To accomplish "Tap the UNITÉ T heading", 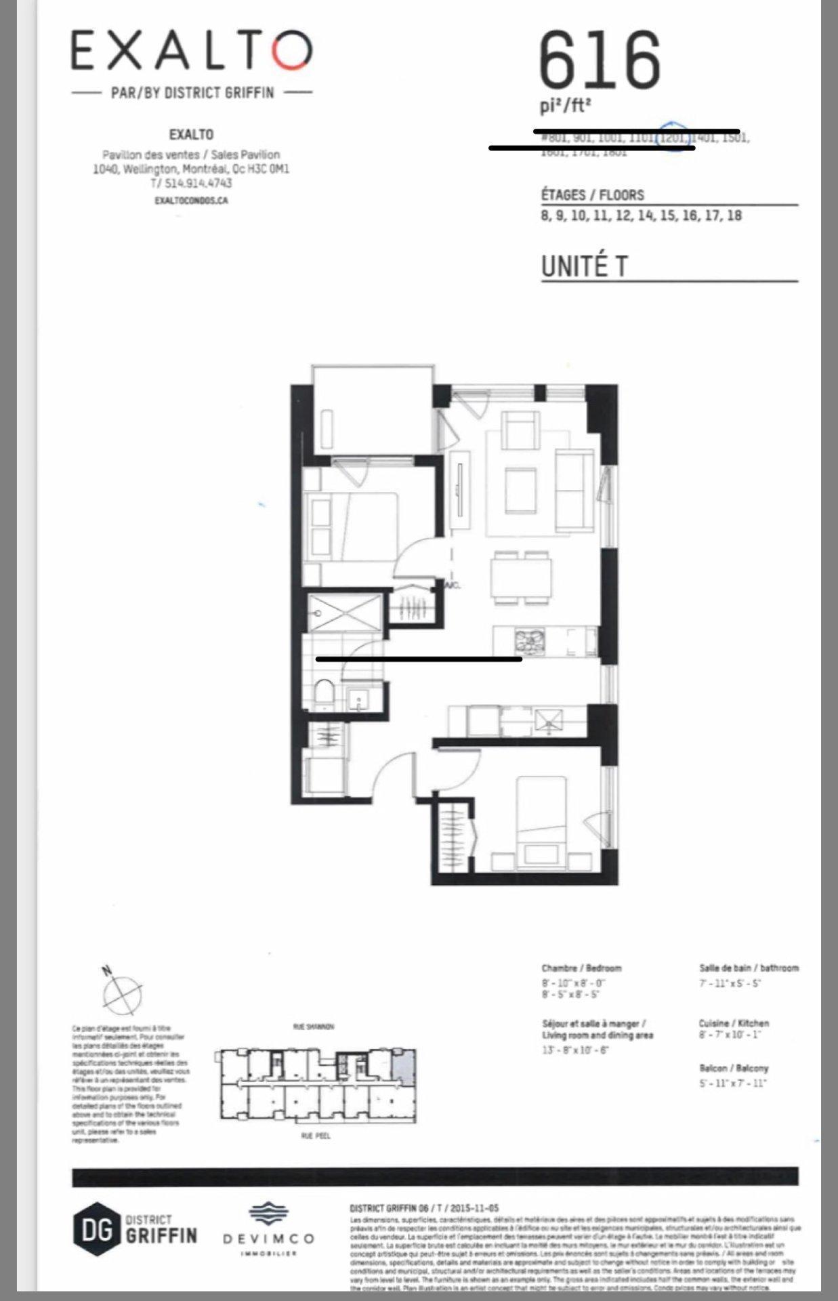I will coord(584,266).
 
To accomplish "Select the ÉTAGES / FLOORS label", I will coord(592,195).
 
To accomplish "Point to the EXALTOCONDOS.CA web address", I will coord(191,201).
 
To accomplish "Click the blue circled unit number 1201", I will coord(673,138).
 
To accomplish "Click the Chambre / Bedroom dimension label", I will coord(581,968).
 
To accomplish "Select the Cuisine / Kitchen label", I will coord(734,1023).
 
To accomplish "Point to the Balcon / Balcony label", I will coord(734,1068).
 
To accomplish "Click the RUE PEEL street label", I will coord(316,1136).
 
